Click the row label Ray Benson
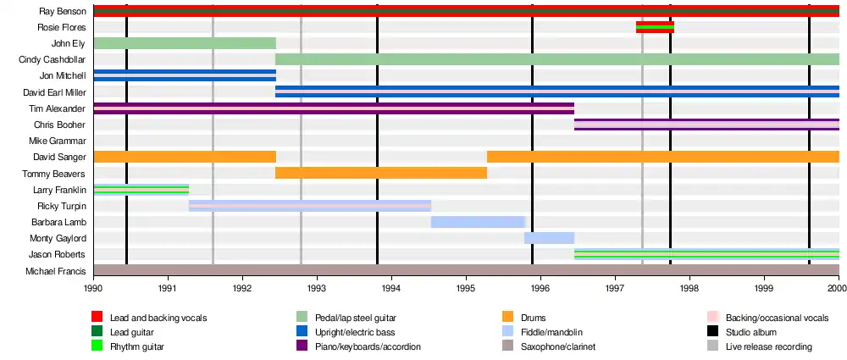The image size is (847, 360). pyautogui.click(x=62, y=11)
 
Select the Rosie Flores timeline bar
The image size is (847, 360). pyautogui.click(x=655, y=27)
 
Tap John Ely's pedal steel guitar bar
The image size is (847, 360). pyautogui.click(x=185, y=43)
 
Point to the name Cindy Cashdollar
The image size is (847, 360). pyautogui.click(x=52, y=59)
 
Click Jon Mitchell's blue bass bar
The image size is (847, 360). pyautogui.click(x=185, y=75)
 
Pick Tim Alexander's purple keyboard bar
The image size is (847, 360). pyautogui.click(x=334, y=108)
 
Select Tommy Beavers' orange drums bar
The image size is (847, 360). pyautogui.click(x=381, y=173)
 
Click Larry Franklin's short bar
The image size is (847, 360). pyautogui.click(x=141, y=189)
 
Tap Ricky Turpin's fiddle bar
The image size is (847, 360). pyautogui.click(x=310, y=205)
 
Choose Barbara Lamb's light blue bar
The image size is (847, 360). pyautogui.click(x=478, y=222)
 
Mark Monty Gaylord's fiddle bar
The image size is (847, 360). pyautogui.click(x=549, y=238)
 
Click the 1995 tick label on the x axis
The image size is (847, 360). pyautogui.click(x=466, y=288)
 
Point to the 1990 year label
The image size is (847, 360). pyautogui.click(x=93, y=288)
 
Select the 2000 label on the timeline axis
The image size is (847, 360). pyautogui.click(x=837, y=288)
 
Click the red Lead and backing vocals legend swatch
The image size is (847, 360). pyautogui.click(x=97, y=318)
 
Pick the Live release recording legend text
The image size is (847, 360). pyautogui.click(x=768, y=346)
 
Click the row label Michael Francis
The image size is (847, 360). pyautogui.click(x=56, y=270)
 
